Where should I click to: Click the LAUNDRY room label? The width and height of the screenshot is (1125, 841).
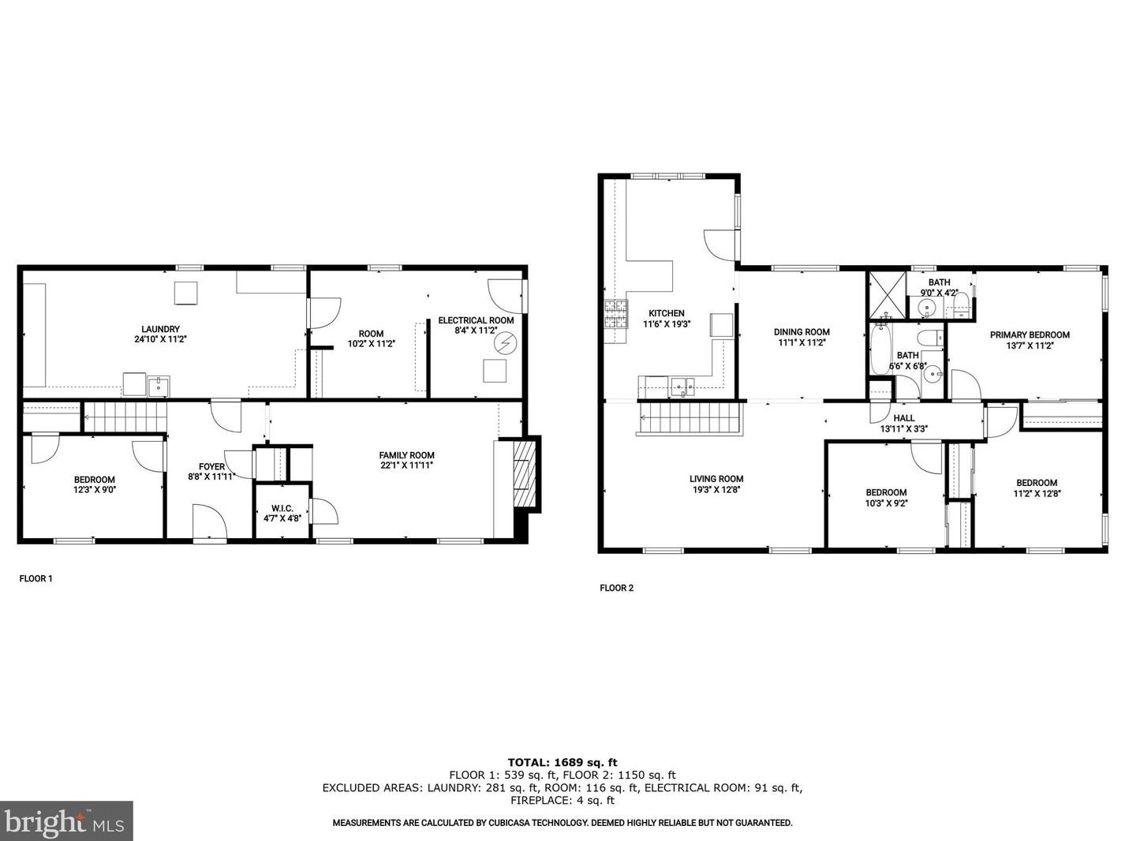[x=160, y=329]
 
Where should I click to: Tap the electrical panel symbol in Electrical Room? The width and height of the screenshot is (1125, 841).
[x=506, y=343]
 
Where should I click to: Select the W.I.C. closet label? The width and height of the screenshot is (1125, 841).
[x=282, y=508]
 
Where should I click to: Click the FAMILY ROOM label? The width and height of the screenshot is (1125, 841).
[x=406, y=455]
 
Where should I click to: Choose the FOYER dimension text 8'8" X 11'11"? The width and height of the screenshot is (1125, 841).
[x=211, y=477]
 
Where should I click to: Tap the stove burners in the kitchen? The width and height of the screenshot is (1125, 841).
[x=616, y=314]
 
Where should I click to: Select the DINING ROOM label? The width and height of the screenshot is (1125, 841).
[x=802, y=332]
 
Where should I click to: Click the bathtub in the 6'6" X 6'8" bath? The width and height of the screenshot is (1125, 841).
[x=881, y=349]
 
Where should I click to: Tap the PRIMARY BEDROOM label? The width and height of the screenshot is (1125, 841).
[x=1030, y=335]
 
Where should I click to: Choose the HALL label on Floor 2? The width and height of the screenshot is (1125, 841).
[x=904, y=418]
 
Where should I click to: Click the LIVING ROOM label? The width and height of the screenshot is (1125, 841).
[x=716, y=479]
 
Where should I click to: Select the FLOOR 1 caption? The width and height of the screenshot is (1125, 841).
[x=36, y=578]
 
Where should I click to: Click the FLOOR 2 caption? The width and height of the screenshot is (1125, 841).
[x=617, y=588]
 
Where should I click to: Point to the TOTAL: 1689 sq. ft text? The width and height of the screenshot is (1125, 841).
[x=562, y=762]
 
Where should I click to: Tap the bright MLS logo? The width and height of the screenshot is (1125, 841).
[x=66, y=821]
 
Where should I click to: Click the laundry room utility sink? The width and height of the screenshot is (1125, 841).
[x=159, y=387]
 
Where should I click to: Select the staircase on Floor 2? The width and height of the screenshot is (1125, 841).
[x=690, y=417]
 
